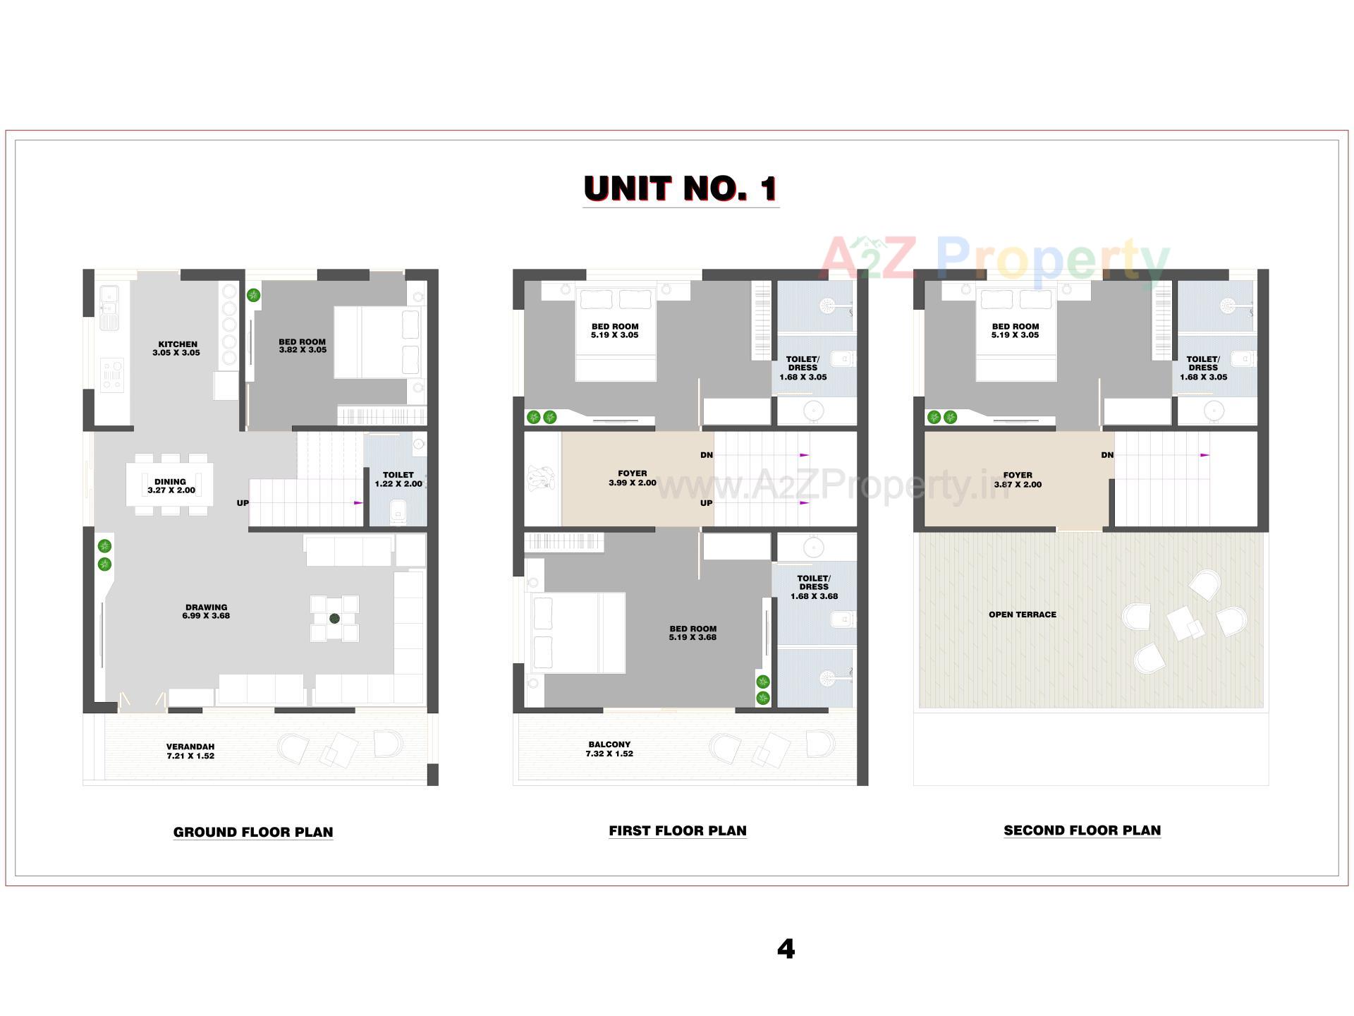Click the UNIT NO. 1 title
(x=681, y=188)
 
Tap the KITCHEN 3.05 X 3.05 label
(x=177, y=349)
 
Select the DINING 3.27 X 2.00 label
(x=171, y=486)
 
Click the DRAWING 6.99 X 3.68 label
(x=206, y=611)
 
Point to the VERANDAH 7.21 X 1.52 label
(x=190, y=751)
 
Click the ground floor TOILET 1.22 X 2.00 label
(x=398, y=479)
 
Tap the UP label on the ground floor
(x=243, y=503)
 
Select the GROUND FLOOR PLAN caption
(x=253, y=832)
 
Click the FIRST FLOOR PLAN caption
(x=678, y=830)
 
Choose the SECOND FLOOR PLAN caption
(x=1082, y=830)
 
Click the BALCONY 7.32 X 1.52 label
(x=609, y=749)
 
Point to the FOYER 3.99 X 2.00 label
(x=632, y=478)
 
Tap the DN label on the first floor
(x=706, y=455)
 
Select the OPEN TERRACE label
(x=1022, y=615)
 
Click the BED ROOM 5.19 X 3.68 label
(x=693, y=633)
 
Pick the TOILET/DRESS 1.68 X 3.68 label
(x=814, y=587)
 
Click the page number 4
(x=786, y=949)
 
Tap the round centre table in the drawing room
(x=334, y=618)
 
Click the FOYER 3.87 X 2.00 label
(x=1018, y=480)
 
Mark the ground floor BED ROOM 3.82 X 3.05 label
(x=303, y=346)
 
